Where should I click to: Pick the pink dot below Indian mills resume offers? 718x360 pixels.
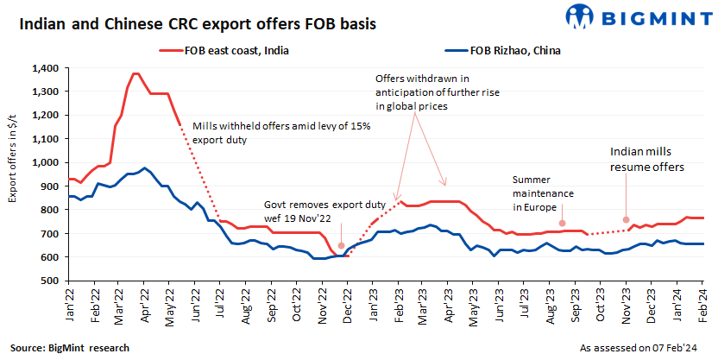pos(627,219)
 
